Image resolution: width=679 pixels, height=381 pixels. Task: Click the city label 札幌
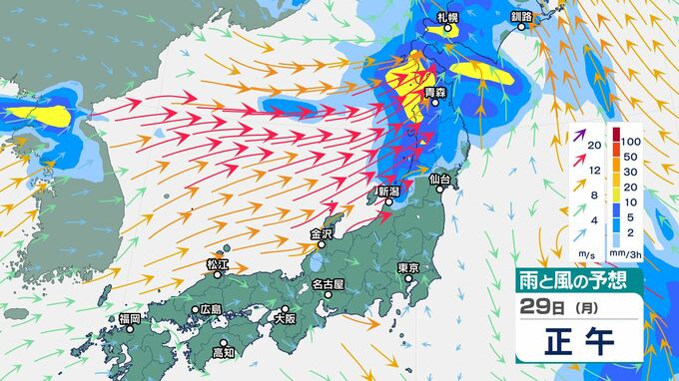point(447,18)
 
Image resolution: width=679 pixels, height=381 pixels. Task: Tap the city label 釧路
point(521,18)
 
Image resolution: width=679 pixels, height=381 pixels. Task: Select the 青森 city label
point(433,92)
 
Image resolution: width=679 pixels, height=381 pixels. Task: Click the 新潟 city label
point(388,190)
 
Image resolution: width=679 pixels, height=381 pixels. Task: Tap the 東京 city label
point(406,267)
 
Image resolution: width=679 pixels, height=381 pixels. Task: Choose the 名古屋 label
point(328,284)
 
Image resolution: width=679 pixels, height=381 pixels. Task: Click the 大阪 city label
point(284,319)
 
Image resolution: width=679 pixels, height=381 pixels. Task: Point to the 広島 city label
point(211,309)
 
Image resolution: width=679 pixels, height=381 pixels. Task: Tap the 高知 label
point(224,352)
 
